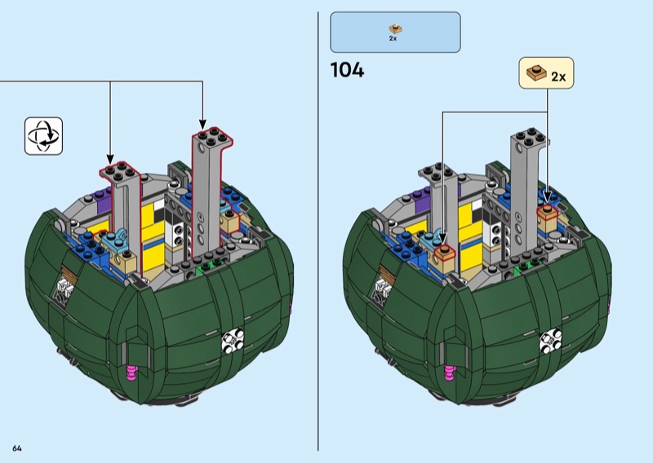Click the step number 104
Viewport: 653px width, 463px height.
(x=347, y=70)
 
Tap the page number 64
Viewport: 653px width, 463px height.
(x=17, y=448)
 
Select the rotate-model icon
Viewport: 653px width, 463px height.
(x=44, y=136)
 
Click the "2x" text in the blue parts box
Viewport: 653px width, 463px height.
(x=393, y=38)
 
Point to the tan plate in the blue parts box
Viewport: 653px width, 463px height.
(x=395, y=29)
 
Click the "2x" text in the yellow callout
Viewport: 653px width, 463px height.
(x=558, y=77)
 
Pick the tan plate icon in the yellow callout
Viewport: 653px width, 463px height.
(x=537, y=73)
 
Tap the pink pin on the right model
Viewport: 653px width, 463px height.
(x=450, y=373)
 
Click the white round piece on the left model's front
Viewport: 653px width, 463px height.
(x=233, y=341)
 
